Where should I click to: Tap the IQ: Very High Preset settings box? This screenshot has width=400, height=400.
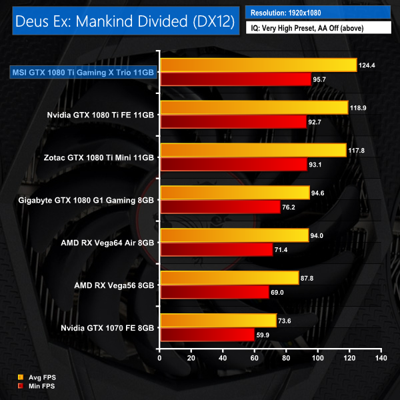317,28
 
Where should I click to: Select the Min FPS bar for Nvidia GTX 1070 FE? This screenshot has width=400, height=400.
207,335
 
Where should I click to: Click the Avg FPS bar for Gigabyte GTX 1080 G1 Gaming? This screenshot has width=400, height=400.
234,193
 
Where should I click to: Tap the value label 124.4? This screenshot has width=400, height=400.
368,65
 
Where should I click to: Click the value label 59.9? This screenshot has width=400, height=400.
265,335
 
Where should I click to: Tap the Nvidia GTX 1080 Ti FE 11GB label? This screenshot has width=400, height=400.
102,115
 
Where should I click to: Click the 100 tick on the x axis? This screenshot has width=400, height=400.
318,359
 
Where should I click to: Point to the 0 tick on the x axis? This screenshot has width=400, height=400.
159,359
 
